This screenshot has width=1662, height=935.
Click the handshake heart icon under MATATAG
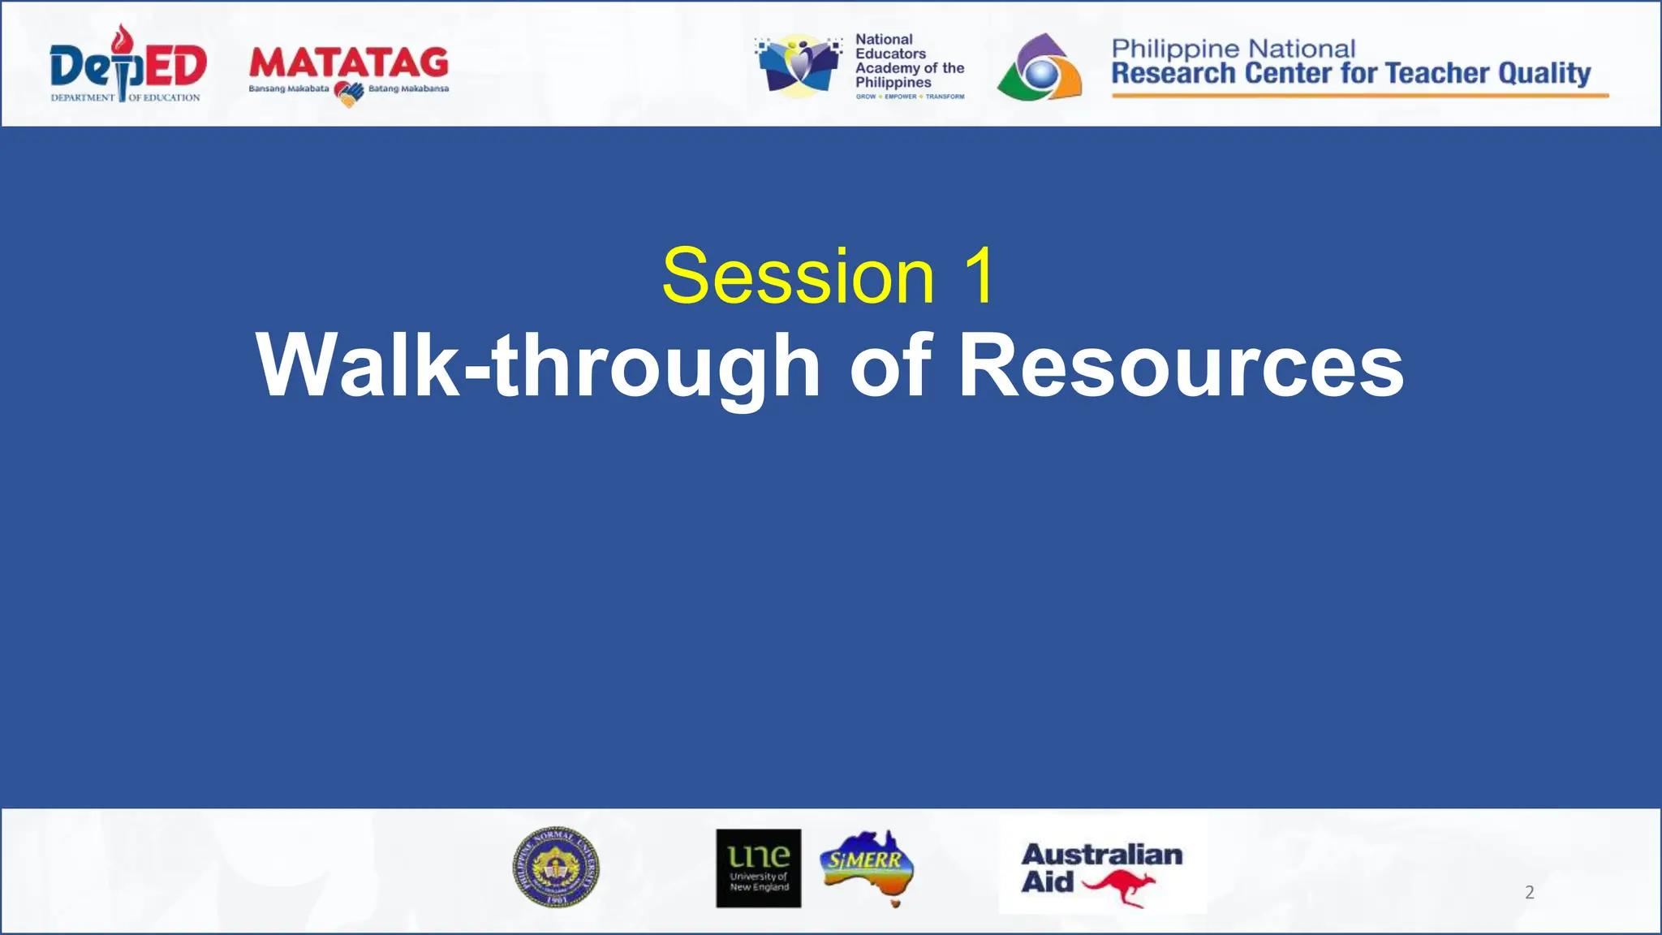click(349, 94)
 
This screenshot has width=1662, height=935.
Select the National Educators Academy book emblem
click(799, 65)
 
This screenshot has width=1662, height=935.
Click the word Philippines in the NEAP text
click(893, 83)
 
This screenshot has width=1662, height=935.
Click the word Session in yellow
click(799, 277)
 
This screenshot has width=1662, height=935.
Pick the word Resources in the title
click(1181, 367)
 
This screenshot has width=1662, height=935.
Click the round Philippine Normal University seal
click(556, 868)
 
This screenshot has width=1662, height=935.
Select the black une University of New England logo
click(758, 868)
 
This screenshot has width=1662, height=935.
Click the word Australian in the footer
click(1101, 855)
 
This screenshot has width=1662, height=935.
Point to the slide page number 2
click(1529, 893)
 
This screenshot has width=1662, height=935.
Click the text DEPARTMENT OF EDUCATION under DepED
click(125, 97)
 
